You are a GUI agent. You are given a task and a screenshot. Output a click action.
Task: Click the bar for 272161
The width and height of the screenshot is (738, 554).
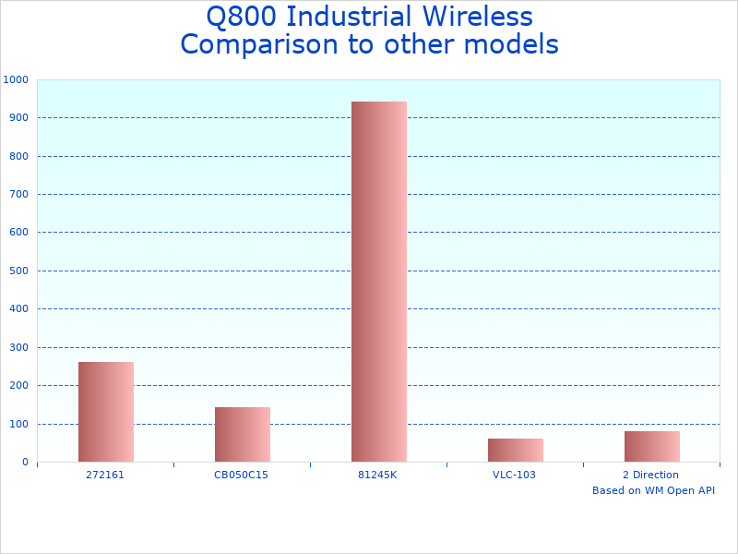(105, 412)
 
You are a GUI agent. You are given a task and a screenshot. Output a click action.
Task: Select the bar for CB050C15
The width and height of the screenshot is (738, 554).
(242, 434)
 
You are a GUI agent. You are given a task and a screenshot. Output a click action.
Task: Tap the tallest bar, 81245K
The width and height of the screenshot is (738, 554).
(378, 282)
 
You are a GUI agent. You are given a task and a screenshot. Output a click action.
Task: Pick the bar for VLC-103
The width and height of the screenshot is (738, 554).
(515, 450)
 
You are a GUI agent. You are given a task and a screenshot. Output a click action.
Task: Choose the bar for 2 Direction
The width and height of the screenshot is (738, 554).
(651, 446)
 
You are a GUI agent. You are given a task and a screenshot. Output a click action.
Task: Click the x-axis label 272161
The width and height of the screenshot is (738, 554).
(105, 475)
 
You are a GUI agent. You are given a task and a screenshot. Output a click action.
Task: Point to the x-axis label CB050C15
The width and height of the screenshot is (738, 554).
(241, 475)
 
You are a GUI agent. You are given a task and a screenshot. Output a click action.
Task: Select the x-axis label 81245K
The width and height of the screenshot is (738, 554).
(377, 475)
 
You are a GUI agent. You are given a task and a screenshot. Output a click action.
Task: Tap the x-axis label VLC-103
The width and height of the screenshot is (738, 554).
(514, 475)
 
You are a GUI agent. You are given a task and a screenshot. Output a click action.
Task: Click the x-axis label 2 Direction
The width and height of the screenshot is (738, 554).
(650, 475)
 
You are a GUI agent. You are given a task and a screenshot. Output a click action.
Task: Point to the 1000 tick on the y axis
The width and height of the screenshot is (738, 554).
(16, 80)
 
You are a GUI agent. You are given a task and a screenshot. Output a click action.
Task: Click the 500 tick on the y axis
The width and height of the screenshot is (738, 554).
(18, 271)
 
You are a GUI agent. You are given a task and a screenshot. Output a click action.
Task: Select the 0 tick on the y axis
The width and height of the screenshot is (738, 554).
(25, 463)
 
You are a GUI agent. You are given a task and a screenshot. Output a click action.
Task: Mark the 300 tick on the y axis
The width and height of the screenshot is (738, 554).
(18, 348)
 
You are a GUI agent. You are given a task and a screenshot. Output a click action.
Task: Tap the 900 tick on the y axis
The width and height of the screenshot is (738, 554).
(18, 118)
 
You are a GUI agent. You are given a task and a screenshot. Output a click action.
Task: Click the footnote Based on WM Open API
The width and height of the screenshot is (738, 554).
(653, 490)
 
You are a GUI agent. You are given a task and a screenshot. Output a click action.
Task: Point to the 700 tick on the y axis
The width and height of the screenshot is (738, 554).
(18, 195)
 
